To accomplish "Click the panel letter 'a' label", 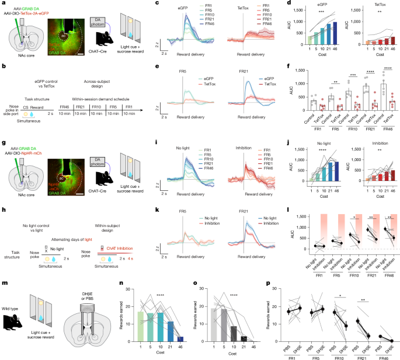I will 3,4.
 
